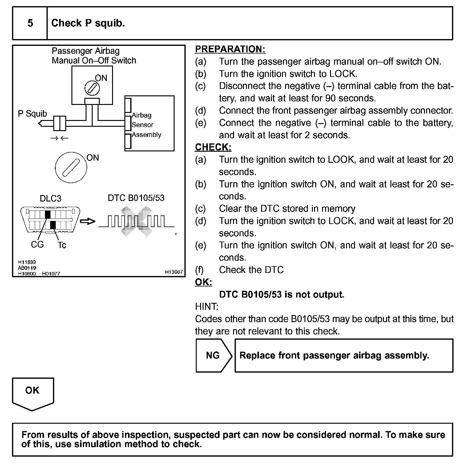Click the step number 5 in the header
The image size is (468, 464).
click(30, 23)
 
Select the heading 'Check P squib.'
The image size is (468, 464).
click(88, 23)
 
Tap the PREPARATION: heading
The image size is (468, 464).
click(230, 49)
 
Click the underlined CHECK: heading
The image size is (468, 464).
click(213, 147)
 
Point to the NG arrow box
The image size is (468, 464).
click(213, 355)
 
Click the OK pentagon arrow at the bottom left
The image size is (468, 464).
click(33, 393)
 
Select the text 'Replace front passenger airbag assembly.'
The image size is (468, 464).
click(334, 355)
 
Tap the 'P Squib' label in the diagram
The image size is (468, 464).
click(32, 114)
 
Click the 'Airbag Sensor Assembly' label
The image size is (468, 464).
click(146, 125)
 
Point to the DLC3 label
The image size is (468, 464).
click(50, 198)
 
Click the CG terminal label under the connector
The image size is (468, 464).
click(37, 245)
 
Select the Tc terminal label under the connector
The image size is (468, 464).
click(62, 245)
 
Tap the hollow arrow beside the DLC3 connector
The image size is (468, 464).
click(88, 221)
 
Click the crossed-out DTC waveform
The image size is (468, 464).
click(136, 221)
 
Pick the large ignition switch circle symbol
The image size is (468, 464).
click(71, 167)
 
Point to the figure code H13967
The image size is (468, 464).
click(174, 272)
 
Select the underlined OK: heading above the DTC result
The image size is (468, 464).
click(204, 282)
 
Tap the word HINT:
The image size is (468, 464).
click(207, 306)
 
